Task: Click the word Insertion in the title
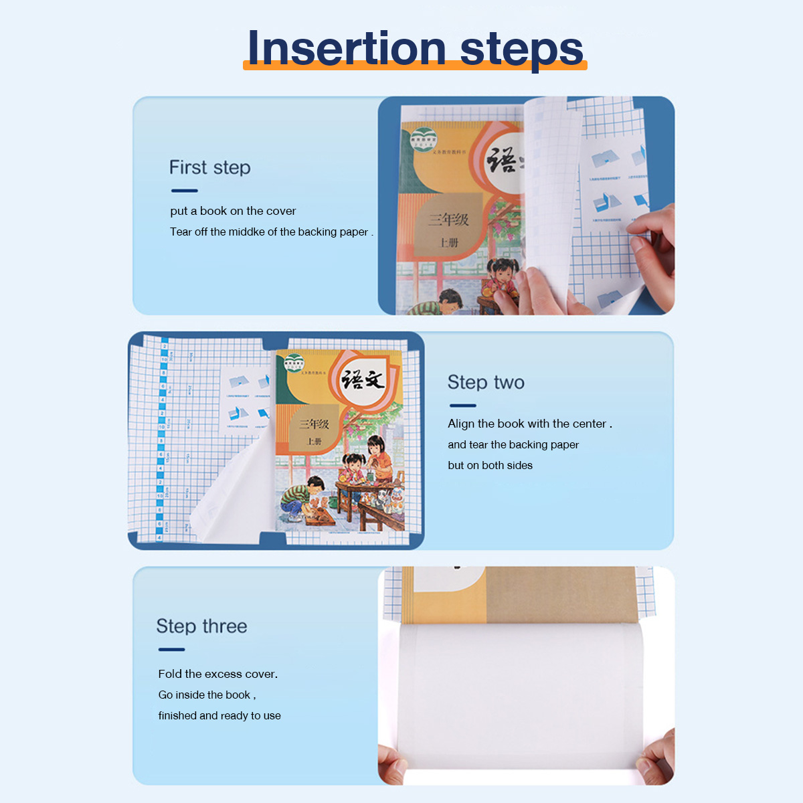pos(347,48)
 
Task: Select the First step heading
pos(209,167)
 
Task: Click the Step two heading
pos(486,382)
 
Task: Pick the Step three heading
pos(201,626)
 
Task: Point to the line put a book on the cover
pos(233,211)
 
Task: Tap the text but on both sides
pos(490,465)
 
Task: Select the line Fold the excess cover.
pos(217,674)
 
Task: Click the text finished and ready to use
pos(219,715)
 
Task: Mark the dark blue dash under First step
pos(184,191)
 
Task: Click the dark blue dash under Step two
pos(462,406)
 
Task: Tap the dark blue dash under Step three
pos(171,649)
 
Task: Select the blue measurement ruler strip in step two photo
pos(161,442)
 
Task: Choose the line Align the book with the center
pos(529,424)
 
